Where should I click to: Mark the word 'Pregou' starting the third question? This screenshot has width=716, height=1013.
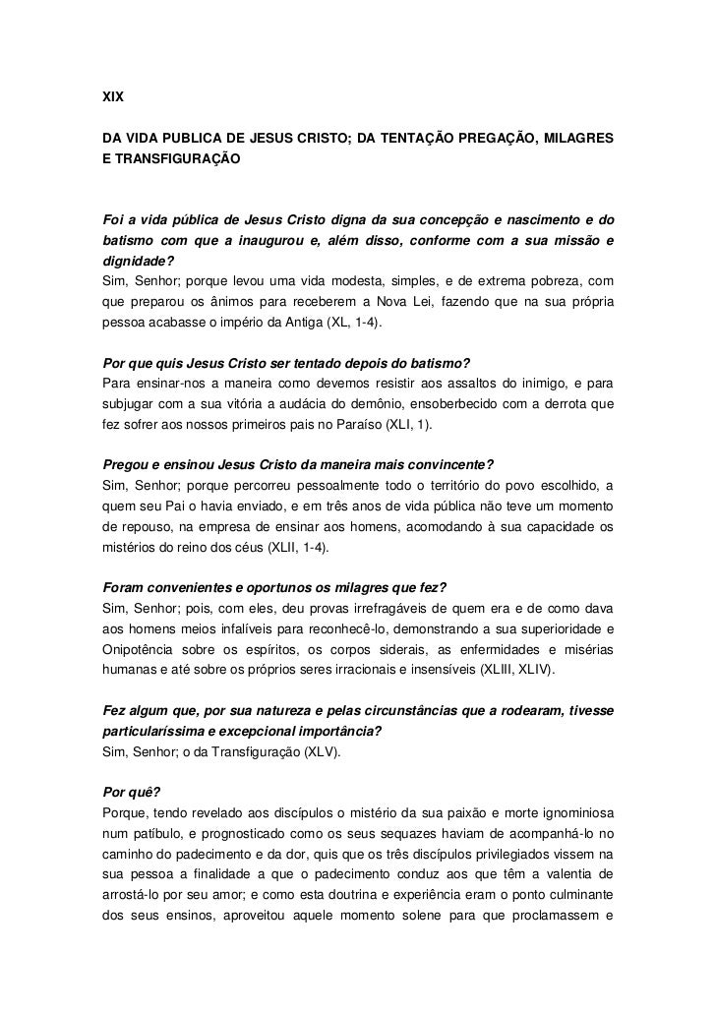pyautogui.click(x=127, y=463)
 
